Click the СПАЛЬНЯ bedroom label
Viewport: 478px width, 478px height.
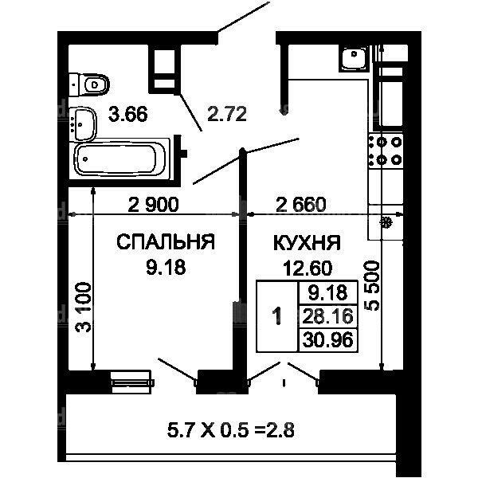point(166,242)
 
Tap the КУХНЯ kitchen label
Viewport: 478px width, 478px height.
point(307,243)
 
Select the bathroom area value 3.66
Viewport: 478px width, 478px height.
point(128,114)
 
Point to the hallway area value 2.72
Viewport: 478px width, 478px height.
point(227,114)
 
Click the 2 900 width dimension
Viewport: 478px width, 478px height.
point(153,205)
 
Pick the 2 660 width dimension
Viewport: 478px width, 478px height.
point(301,205)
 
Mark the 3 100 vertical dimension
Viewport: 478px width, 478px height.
point(83,308)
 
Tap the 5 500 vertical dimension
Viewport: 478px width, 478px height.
point(373,286)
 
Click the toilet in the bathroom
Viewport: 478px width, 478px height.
point(89,84)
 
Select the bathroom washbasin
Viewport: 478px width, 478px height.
point(83,123)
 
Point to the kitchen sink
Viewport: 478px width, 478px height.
point(354,58)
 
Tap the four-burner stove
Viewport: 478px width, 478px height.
point(386,151)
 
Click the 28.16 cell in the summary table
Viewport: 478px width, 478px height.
point(328,316)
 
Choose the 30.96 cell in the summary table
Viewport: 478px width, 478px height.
point(328,339)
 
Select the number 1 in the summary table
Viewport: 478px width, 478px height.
point(277,316)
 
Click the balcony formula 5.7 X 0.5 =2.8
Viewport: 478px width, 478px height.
point(231,430)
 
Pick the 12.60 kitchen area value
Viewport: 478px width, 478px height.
point(308,268)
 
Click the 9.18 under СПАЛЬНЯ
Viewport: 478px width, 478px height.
point(166,268)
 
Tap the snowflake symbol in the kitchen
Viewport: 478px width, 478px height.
point(386,222)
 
